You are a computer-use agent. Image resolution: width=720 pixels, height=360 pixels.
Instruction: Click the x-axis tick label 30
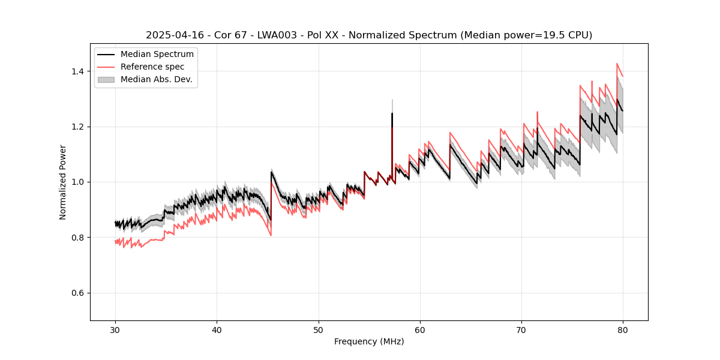coord(115,329)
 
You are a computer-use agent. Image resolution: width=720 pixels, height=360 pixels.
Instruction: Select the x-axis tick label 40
coord(217,329)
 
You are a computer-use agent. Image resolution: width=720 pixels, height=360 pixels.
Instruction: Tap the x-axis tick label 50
coord(318,329)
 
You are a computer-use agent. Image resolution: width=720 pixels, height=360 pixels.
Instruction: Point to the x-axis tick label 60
coord(420,329)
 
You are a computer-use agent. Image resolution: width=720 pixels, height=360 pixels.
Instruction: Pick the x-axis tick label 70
coord(521,329)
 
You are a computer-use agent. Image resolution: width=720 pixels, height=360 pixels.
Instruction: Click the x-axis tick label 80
coord(623,329)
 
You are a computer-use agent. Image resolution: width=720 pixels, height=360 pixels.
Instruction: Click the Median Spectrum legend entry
coord(157,55)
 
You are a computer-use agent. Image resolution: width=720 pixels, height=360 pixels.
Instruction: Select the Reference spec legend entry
coord(152,67)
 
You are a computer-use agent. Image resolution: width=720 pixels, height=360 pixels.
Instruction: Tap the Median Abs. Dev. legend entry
coord(156,79)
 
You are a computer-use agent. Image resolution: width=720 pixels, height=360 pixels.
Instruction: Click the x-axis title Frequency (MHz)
coord(369,341)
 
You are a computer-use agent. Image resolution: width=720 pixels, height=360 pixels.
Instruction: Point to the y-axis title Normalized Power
coord(63,182)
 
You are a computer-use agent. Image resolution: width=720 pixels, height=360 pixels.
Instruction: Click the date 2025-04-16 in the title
coord(170,35)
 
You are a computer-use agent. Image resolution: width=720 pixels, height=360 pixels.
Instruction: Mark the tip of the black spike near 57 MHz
coord(392,113)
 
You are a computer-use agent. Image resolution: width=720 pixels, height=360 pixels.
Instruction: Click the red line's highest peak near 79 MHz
coord(617,64)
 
